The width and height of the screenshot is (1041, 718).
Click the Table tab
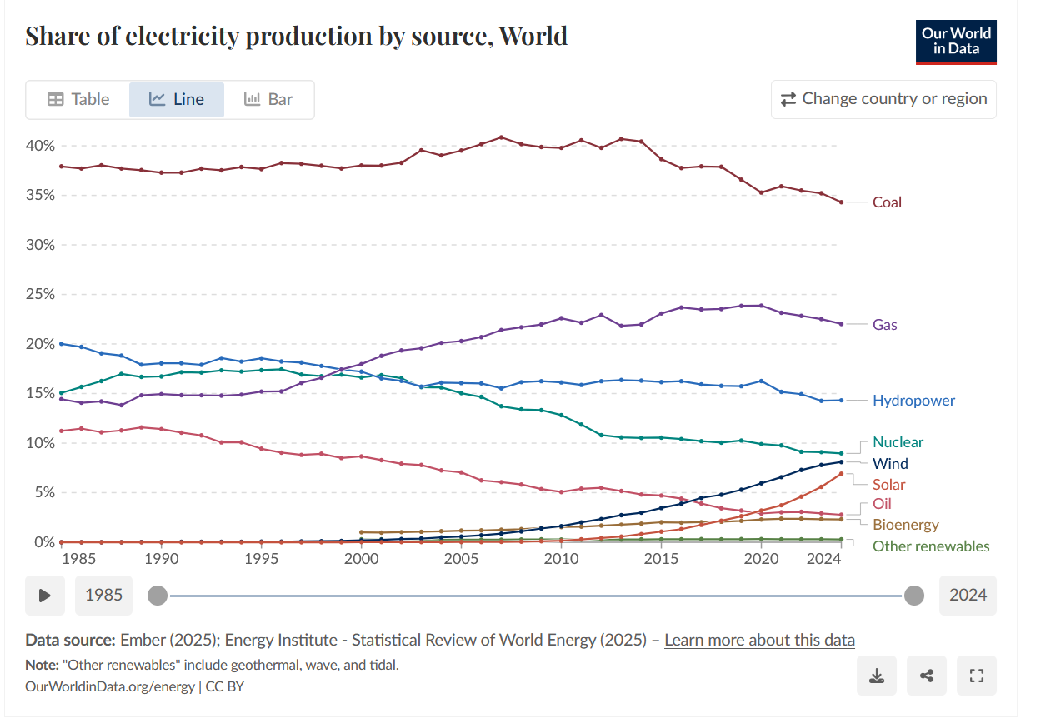(x=78, y=99)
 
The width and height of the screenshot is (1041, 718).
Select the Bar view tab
(x=268, y=99)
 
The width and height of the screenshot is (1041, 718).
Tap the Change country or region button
(x=883, y=99)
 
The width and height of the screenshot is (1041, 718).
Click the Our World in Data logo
(x=956, y=42)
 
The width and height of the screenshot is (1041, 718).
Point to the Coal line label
(x=887, y=202)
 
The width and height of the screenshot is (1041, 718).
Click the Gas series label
(x=884, y=325)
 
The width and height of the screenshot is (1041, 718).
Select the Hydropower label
(x=913, y=401)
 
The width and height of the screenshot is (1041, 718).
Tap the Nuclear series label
(x=898, y=442)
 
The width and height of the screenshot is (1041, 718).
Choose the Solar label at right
(x=888, y=485)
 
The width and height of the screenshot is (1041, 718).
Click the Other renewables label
(x=931, y=546)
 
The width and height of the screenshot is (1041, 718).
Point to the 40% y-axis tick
(x=40, y=146)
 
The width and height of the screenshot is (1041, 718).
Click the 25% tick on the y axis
(x=40, y=294)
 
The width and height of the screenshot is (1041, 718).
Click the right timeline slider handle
(x=914, y=595)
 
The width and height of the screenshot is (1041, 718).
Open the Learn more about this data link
(x=759, y=640)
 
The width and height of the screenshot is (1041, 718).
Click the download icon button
(x=876, y=676)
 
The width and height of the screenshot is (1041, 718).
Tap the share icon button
(x=926, y=676)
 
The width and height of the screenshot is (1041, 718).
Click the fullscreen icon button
(x=976, y=676)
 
